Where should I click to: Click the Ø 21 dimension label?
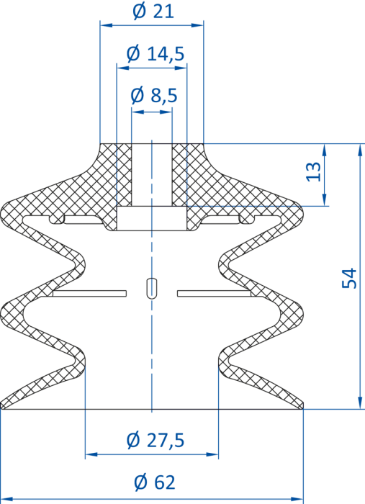153,12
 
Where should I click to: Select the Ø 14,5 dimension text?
156,54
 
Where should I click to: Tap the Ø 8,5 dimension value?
154,96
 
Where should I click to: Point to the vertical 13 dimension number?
314,171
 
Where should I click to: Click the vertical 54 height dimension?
349,278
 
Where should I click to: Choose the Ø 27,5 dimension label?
156,441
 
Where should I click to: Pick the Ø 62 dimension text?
155,482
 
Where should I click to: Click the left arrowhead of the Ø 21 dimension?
107,24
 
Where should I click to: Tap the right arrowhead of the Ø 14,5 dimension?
181,68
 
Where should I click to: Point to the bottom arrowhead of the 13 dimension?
324,199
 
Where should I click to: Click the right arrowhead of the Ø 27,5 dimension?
212,454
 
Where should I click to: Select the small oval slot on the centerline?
151,288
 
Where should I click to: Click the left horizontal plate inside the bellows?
90,293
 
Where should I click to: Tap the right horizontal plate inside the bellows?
215,293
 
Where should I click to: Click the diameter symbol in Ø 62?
140,482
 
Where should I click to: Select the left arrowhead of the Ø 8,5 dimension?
138,112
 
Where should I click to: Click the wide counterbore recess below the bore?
152,218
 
